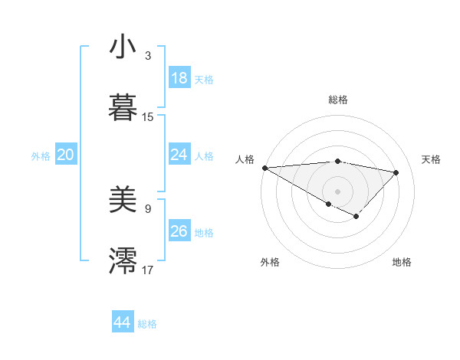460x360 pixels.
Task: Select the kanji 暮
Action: (x=123, y=106)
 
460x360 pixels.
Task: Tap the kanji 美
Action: (x=123, y=201)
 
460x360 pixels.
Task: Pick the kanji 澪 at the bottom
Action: (x=123, y=260)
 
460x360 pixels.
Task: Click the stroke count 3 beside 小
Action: (x=148, y=56)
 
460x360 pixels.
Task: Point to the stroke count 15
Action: (x=148, y=117)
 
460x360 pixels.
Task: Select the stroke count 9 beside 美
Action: (x=148, y=208)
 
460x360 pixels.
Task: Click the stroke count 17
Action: (x=148, y=270)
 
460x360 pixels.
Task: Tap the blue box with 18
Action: (x=179, y=78)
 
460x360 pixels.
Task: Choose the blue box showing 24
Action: (x=179, y=155)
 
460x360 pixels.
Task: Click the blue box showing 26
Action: (x=179, y=231)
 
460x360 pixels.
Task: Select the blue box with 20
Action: (x=65, y=155)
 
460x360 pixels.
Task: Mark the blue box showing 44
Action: (x=123, y=322)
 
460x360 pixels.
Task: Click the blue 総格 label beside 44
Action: (x=147, y=324)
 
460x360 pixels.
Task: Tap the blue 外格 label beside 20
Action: (x=41, y=156)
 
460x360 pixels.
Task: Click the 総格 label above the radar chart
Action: (x=337, y=100)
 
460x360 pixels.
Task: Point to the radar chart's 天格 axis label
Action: (x=432, y=159)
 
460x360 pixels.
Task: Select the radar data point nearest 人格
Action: (x=264, y=168)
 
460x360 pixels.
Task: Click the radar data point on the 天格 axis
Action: (x=396, y=172)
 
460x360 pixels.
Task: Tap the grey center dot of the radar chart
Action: (x=337, y=191)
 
